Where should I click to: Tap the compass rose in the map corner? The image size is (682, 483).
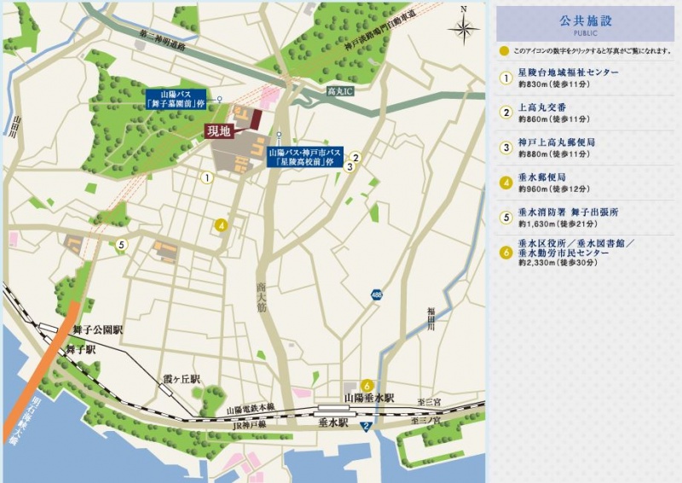[x=463, y=28]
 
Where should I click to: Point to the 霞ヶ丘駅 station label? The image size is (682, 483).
[x=182, y=378]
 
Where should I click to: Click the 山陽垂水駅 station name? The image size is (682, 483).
[x=368, y=399]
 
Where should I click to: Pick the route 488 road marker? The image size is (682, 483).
[x=377, y=294]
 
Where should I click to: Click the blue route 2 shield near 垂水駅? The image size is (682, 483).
[x=366, y=427]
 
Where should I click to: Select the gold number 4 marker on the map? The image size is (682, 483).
[x=221, y=225]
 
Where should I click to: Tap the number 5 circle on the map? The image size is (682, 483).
[x=122, y=245]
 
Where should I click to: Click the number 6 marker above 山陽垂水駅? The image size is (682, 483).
[x=367, y=385]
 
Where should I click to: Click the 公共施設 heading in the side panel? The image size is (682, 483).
[x=586, y=20]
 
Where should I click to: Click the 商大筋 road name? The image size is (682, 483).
[x=260, y=300]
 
